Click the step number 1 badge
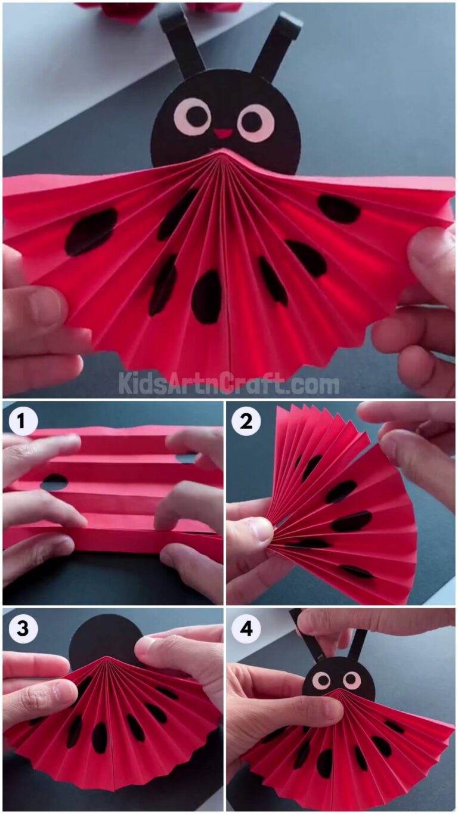pyautogui.click(x=20, y=422)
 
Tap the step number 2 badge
pyautogui.click(x=246, y=422)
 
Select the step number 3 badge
pyautogui.click(x=20, y=629)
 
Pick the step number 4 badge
pyautogui.click(x=246, y=629)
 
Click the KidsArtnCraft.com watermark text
pyautogui.click(x=229, y=382)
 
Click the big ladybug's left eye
pyautogui.click(x=192, y=116)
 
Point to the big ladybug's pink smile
pyautogui.click(x=223, y=133)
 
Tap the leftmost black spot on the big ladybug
pyautogui.click(x=91, y=231)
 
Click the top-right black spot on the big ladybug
pyautogui.click(x=339, y=209)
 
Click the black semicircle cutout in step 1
pyautogui.click(x=54, y=481)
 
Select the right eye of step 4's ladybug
pyautogui.click(x=352, y=679)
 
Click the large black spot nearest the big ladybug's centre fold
pyautogui.click(x=206, y=297)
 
